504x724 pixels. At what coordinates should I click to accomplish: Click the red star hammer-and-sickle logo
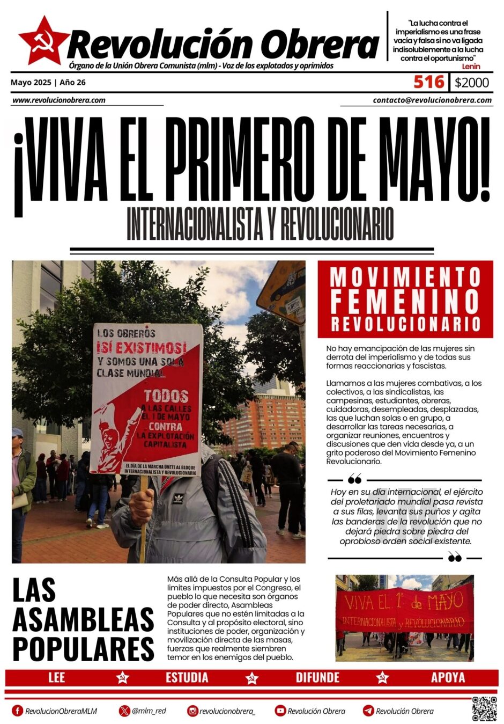(x=43, y=41)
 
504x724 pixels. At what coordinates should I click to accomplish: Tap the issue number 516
(x=429, y=82)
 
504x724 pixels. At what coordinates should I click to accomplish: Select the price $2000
(x=471, y=83)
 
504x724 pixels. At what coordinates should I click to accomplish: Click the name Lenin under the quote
(x=470, y=67)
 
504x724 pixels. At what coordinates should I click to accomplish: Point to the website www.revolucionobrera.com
(x=58, y=100)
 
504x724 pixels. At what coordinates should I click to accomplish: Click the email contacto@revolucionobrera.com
(x=432, y=100)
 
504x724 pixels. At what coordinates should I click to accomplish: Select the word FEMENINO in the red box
(x=405, y=302)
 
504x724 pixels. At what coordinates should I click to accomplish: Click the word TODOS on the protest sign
(x=166, y=396)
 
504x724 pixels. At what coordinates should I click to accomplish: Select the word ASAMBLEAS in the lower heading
(x=83, y=619)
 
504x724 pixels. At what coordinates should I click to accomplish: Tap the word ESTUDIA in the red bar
(x=187, y=677)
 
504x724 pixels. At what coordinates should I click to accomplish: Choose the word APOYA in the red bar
(x=448, y=677)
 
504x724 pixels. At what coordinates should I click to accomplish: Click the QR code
(x=484, y=708)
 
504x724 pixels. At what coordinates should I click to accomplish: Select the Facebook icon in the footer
(x=18, y=711)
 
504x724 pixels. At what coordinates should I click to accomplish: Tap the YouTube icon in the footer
(x=280, y=711)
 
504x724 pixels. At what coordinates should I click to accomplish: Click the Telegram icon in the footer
(x=368, y=711)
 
